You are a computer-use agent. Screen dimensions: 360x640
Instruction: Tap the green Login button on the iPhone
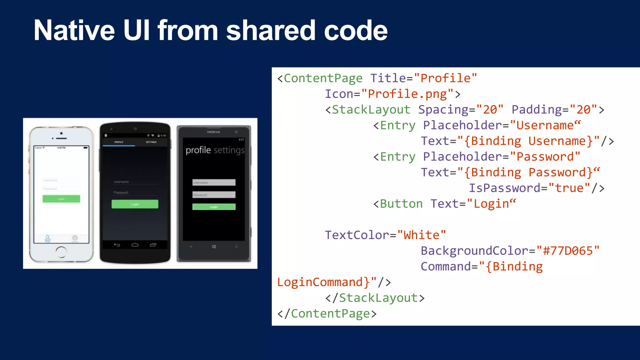pyautogui.click(x=61, y=199)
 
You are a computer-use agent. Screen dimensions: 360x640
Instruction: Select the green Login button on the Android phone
pyautogui.click(x=135, y=204)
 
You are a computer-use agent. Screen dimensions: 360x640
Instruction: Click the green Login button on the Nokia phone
pyautogui.click(x=214, y=207)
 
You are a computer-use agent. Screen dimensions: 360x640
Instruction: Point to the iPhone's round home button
pyautogui.click(x=61, y=251)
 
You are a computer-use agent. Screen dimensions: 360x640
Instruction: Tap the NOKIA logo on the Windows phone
pyautogui.click(x=213, y=132)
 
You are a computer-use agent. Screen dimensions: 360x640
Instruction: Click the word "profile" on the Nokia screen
pyautogui.click(x=198, y=150)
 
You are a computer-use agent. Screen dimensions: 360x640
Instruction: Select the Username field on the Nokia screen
pyautogui.click(x=214, y=182)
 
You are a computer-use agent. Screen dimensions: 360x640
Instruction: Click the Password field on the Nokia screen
pyautogui.click(x=214, y=195)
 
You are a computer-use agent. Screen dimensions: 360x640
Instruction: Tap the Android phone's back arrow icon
pyautogui.click(x=117, y=245)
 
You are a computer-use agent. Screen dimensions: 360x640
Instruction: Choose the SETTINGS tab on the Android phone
pyautogui.click(x=151, y=142)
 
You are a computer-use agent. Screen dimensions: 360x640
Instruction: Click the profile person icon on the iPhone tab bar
pyautogui.click(x=47, y=238)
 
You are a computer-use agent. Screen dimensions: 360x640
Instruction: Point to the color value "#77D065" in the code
pyautogui.click(x=568, y=251)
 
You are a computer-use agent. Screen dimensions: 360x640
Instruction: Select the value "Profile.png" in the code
pyautogui.click(x=407, y=94)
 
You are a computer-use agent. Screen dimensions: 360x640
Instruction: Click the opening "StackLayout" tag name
pyautogui.click(x=371, y=110)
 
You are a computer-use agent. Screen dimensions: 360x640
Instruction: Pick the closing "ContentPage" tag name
pyautogui.click(x=330, y=313)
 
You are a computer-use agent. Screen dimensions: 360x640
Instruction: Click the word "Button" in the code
pyautogui.click(x=401, y=204)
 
